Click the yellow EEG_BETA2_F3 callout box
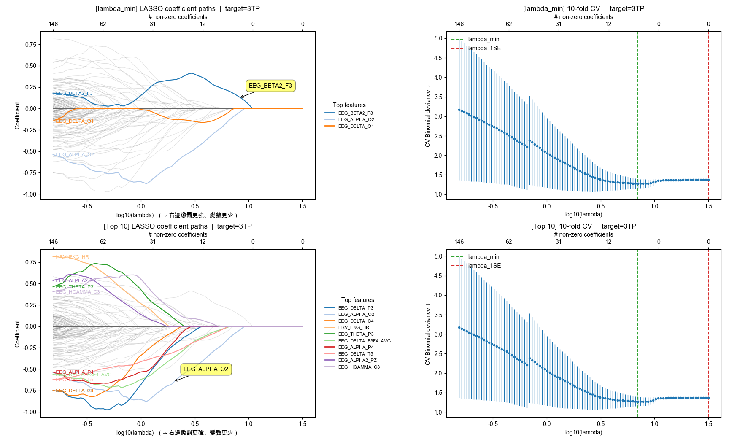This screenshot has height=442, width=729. pos(270,86)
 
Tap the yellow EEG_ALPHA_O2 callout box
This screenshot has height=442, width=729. pos(206,369)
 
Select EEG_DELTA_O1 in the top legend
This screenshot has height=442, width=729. pos(356,126)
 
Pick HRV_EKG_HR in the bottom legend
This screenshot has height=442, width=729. pos(354,327)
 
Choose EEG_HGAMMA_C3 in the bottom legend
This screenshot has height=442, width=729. pos(359,367)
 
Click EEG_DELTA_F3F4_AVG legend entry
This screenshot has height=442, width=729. pos(364,341)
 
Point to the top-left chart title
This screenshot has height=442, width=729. pos(178,8)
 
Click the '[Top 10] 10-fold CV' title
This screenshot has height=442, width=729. pos(583,226)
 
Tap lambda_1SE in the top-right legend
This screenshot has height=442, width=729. pos(484,48)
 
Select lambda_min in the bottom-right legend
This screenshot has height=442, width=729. pos(483,257)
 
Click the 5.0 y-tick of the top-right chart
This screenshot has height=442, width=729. pos(438,38)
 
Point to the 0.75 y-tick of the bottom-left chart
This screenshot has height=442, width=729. pos(30,262)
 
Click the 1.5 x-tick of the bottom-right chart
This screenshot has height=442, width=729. pos(708,424)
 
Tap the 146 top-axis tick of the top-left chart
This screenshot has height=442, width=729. pos(53,24)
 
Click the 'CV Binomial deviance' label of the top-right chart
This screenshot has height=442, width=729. pos(428,116)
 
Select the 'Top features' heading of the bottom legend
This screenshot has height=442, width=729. pos(357,300)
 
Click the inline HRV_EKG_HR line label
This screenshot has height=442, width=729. pos(73,257)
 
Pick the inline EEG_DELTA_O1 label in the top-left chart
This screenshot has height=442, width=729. pos(75,121)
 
